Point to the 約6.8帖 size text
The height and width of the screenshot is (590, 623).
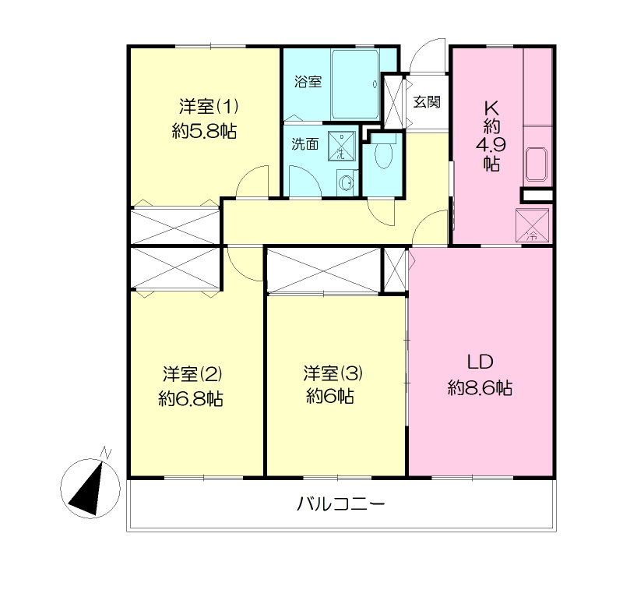tap(192, 398)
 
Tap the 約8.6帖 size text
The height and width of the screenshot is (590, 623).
tap(480, 387)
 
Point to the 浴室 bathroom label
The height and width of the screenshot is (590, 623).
tap(308, 81)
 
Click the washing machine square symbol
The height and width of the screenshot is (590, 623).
tap(341, 145)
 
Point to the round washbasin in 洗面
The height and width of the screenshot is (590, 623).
tap(347, 183)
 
